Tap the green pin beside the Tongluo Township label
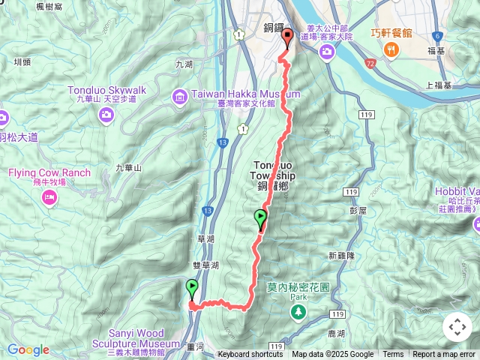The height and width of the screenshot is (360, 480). coord(261,220)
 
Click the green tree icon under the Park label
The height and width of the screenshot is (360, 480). coord(299,310)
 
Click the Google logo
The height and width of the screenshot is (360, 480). coord(28,349)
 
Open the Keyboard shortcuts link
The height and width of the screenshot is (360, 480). coord(250,355)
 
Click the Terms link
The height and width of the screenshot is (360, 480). coord(393,355)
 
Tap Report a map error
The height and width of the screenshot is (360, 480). coord(444,355)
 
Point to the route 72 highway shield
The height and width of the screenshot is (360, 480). coord(370,65)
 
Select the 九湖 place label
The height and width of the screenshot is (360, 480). coord(184,64)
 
